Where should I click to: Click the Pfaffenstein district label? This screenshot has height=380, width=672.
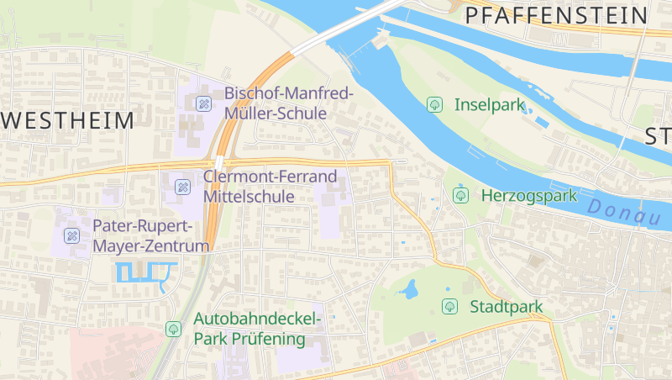point(556,15)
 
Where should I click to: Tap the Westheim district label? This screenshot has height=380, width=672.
point(67,120)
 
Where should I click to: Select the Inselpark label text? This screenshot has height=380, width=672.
point(489,105)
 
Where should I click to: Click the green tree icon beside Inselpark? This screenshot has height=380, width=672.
point(435,105)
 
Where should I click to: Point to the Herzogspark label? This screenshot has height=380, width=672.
point(529,196)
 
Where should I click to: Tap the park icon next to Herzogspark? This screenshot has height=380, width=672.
point(460,195)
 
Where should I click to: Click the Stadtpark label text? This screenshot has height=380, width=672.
point(507,307)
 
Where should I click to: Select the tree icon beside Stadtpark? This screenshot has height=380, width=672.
point(449,307)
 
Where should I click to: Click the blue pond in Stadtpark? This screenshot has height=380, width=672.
point(410,290)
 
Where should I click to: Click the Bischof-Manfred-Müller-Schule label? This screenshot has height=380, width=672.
point(289,103)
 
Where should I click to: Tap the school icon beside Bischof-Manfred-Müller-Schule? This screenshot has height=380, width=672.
point(202,103)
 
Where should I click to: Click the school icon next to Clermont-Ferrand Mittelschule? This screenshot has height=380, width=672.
point(181,186)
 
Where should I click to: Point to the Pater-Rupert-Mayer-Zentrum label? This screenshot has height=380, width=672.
point(150,236)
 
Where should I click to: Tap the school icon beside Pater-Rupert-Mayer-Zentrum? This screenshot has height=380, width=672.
point(72,236)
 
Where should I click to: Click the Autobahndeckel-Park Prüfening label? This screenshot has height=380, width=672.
point(257,329)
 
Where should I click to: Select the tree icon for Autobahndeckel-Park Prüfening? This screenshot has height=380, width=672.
point(174,329)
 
